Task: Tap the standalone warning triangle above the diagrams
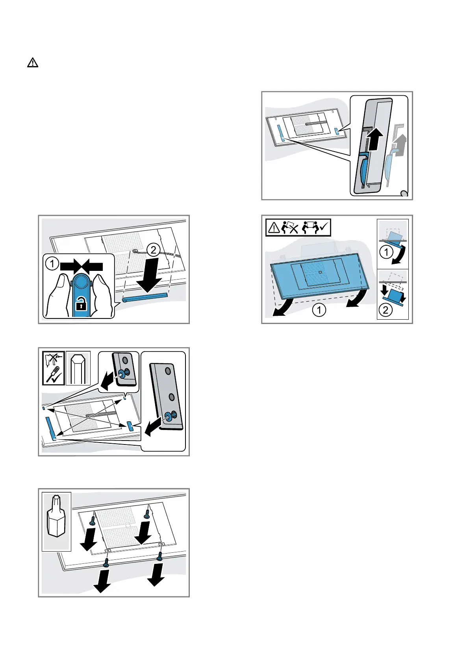(x=33, y=63)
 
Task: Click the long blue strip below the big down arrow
(x=145, y=297)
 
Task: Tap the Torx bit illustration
(x=56, y=520)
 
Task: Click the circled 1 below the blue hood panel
(x=319, y=311)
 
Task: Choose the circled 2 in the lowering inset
(x=386, y=310)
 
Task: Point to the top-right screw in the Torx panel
(x=147, y=513)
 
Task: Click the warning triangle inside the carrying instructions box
(x=274, y=228)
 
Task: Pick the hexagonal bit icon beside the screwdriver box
(x=78, y=368)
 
